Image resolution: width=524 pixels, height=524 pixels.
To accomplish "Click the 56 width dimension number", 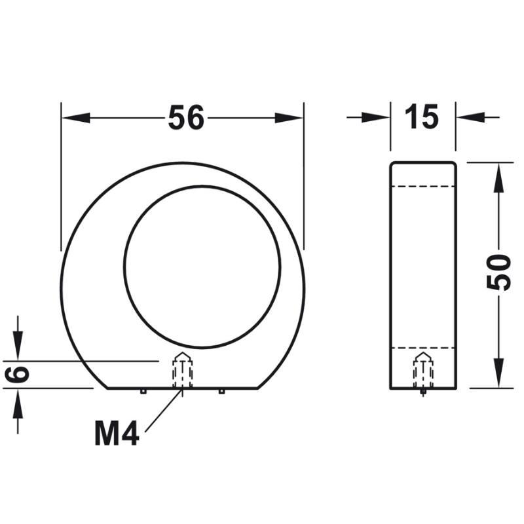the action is click(186, 117).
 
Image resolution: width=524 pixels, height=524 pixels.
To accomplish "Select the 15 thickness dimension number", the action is click(421, 117).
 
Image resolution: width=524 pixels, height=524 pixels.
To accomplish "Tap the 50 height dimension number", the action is click(499, 272).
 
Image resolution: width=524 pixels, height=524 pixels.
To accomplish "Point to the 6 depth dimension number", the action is click(17, 375).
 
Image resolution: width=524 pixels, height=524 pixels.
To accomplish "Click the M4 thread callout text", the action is click(117, 434).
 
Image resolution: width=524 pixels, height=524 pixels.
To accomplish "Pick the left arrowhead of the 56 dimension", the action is click(76, 118).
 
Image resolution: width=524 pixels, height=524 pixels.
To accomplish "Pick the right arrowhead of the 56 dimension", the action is click(289, 118).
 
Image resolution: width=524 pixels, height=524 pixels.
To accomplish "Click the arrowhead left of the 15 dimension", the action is click(376, 117).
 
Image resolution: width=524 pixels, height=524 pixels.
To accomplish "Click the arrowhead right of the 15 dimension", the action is click(470, 117).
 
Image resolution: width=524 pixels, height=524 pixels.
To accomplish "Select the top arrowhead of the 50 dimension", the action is click(498, 177).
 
